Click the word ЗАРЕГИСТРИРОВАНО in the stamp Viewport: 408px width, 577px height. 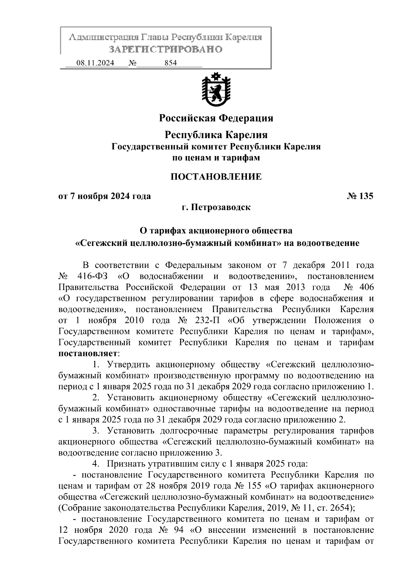point(166,49)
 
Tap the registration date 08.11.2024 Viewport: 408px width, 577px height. point(95,63)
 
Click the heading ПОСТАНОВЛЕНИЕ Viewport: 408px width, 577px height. point(216,177)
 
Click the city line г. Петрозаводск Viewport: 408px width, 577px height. point(216,207)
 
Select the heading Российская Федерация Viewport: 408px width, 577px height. point(216,118)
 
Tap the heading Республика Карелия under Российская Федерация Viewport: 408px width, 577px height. point(216,135)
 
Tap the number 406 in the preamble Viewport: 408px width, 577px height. point(366,287)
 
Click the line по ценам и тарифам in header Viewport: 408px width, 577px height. point(216,158)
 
